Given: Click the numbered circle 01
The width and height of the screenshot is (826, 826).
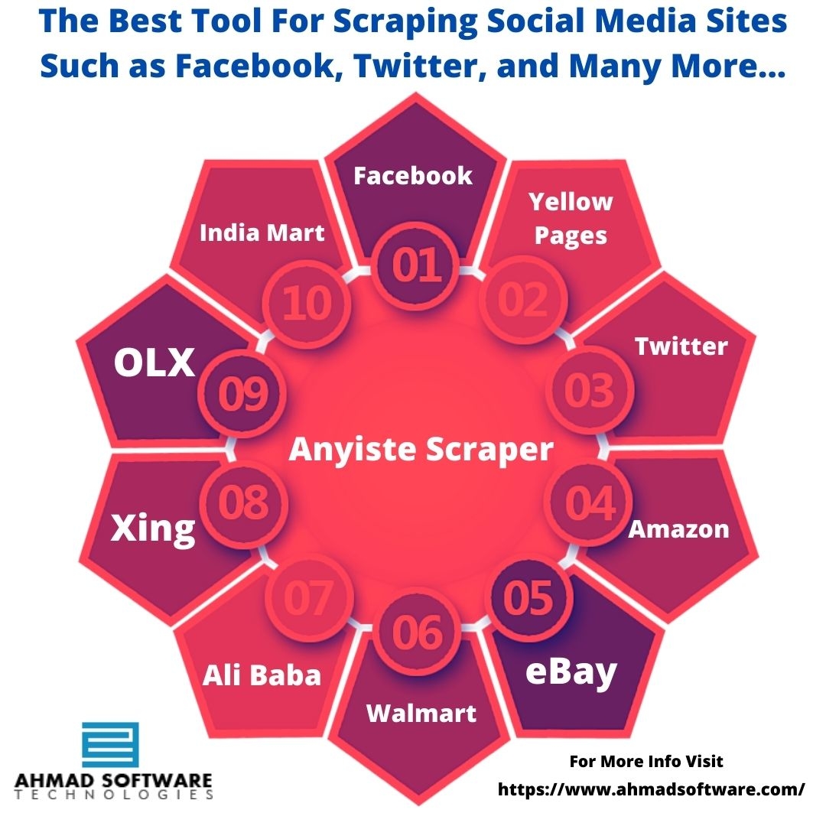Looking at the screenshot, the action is click(415, 265).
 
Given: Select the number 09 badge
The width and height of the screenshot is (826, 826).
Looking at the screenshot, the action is click(242, 394).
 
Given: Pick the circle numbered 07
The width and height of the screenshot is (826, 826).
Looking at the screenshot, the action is click(309, 598).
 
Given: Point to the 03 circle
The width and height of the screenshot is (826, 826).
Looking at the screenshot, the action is click(590, 390).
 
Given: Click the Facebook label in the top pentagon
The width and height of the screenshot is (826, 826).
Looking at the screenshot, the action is click(413, 175).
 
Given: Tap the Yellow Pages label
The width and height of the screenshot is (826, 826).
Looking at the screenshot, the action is click(571, 219).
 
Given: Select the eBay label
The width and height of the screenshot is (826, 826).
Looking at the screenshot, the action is click(571, 673).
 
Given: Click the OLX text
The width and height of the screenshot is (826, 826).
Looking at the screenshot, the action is click(154, 363).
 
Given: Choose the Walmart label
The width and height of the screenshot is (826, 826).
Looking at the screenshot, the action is click(421, 714).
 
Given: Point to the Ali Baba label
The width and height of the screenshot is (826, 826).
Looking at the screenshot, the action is click(262, 675).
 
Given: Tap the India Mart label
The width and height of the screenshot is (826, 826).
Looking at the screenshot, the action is click(262, 233).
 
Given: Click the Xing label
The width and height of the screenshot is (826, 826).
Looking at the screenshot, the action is click(153, 529).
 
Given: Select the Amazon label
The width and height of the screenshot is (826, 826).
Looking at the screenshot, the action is click(678, 529).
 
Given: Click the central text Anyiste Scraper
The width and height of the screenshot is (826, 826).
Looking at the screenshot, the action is click(421, 450).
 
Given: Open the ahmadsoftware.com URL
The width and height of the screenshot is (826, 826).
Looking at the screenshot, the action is click(651, 789).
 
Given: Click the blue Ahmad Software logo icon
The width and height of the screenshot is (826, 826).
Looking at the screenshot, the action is click(110, 745).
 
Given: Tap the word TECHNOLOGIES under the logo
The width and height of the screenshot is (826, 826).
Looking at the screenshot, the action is click(114, 795).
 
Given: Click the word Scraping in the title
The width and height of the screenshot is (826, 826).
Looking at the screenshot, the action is click(405, 22).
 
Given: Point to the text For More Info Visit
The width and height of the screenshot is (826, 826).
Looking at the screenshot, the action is click(646, 761).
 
